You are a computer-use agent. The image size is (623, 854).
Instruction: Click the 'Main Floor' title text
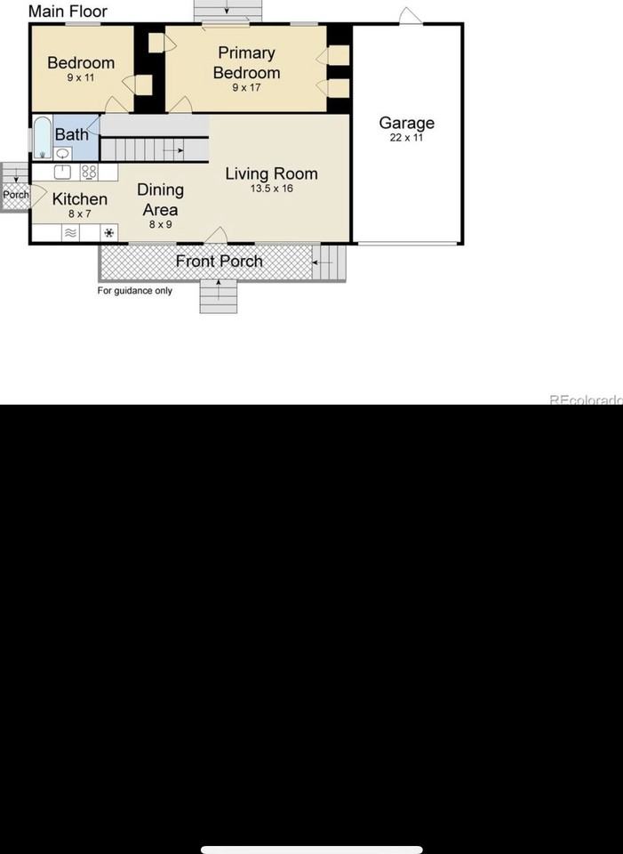(x=68, y=12)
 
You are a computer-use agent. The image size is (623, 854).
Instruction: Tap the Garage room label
(x=407, y=124)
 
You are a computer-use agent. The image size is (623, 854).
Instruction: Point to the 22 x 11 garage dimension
(x=407, y=139)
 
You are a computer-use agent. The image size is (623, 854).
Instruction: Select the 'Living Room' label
(x=271, y=173)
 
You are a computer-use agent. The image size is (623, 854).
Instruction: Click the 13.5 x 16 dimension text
(x=271, y=189)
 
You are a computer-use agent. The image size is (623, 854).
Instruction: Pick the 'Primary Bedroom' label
(x=246, y=63)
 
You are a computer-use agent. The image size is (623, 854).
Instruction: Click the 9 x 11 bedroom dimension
(x=80, y=78)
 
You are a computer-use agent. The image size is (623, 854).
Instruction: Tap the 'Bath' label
(x=72, y=134)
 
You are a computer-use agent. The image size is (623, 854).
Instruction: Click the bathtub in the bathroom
(x=42, y=138)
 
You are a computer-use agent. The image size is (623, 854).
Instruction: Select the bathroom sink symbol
(x=63, y=153)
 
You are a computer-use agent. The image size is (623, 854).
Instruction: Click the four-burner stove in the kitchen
(x=89, y=173)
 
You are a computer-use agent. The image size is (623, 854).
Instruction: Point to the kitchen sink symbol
(x=63, y=173)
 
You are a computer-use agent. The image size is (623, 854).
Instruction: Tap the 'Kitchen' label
(x=80, y=199)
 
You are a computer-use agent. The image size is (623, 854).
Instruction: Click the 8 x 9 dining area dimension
(x=160, y=225)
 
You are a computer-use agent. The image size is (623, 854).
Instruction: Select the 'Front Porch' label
(x=219, y=261)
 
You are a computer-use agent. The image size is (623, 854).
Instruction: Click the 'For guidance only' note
(x=135, y=291)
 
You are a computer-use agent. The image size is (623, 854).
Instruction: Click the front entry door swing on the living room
(x=217, y=235)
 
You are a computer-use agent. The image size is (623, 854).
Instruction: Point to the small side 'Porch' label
(x=15, y=195)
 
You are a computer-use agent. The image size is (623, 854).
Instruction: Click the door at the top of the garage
(x=410, y=16)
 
